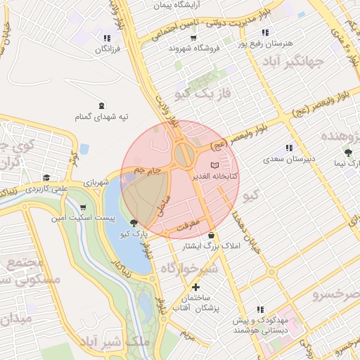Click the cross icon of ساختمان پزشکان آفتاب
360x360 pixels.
pyautogui.click(x=195, y=287)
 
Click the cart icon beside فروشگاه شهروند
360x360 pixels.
pyautogui.click(x=172, y=48)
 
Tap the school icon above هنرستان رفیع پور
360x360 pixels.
pyautogui.click(x=265, y=32)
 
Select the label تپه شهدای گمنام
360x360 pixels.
pyautogui.click(x=103, y=117)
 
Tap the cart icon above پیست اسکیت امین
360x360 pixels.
pyautogui.click(x=84, y=207)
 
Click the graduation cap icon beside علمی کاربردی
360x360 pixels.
pyautogui.click(x=46, y=177)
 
